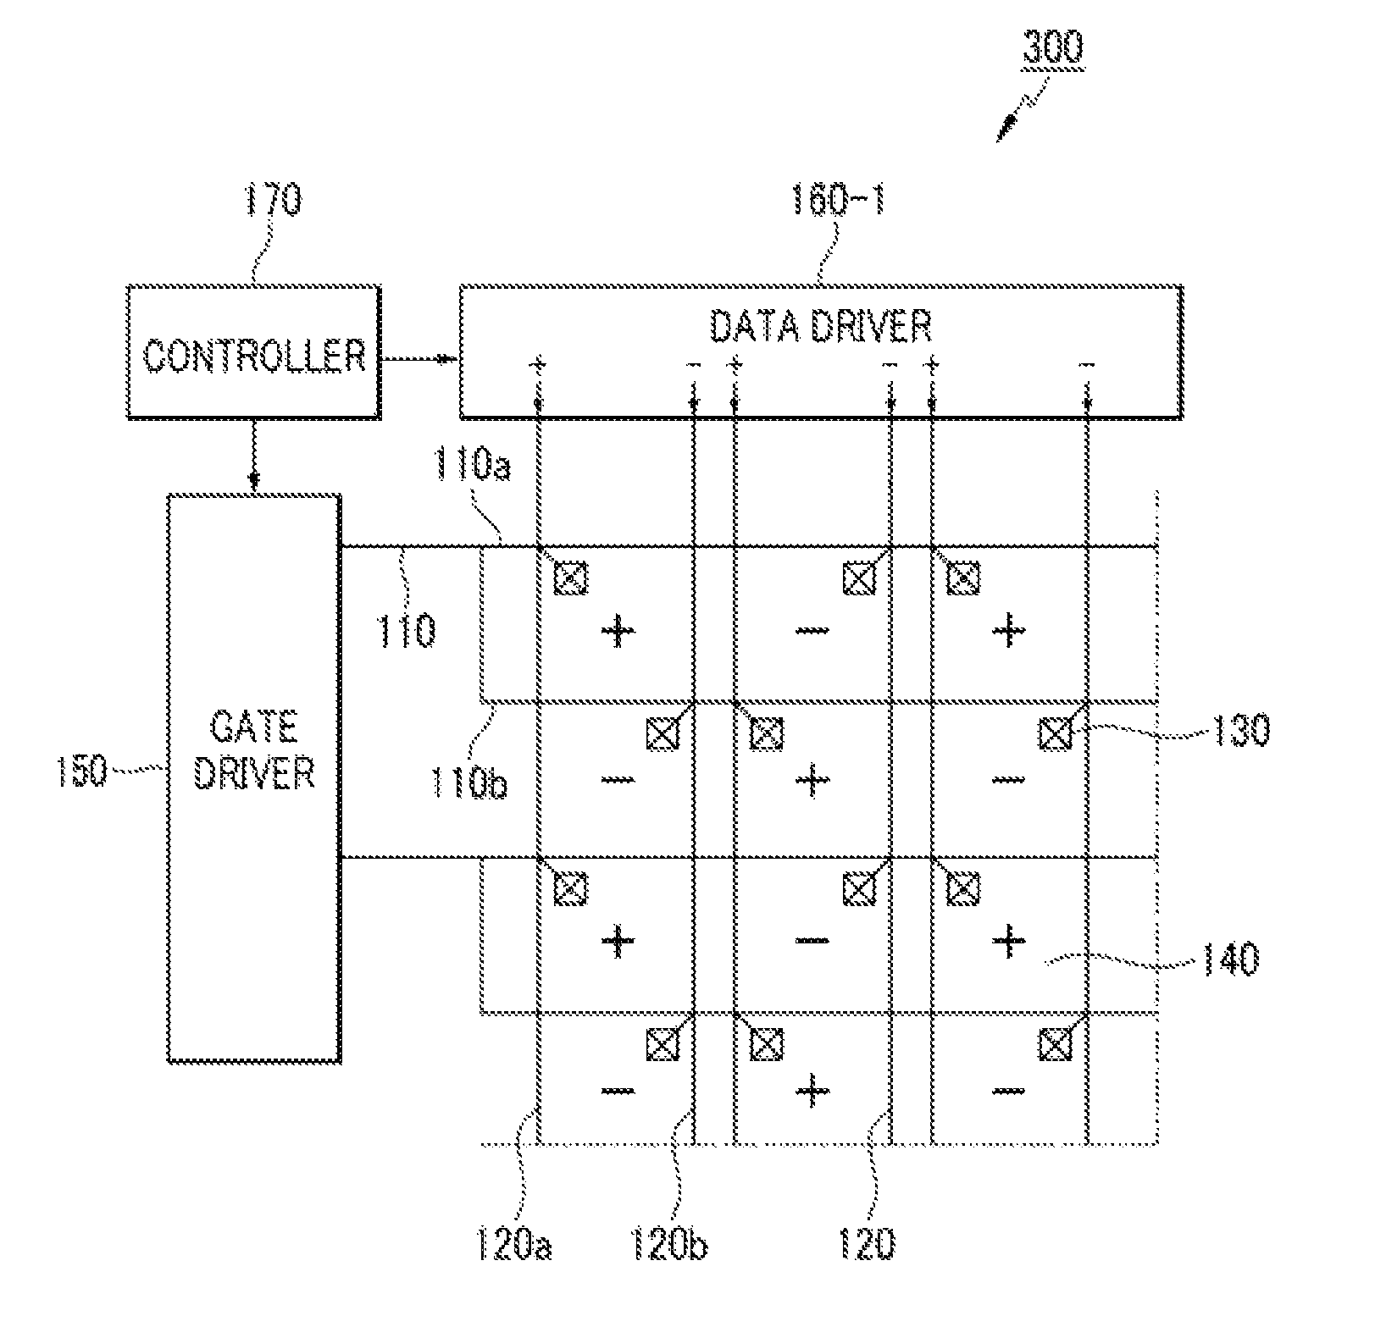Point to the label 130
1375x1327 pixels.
tap(1238, 729)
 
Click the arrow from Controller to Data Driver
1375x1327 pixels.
tap(419, 359)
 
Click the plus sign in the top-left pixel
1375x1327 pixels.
tap(618, 631)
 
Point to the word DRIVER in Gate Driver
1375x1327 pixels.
tap(254, 773)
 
